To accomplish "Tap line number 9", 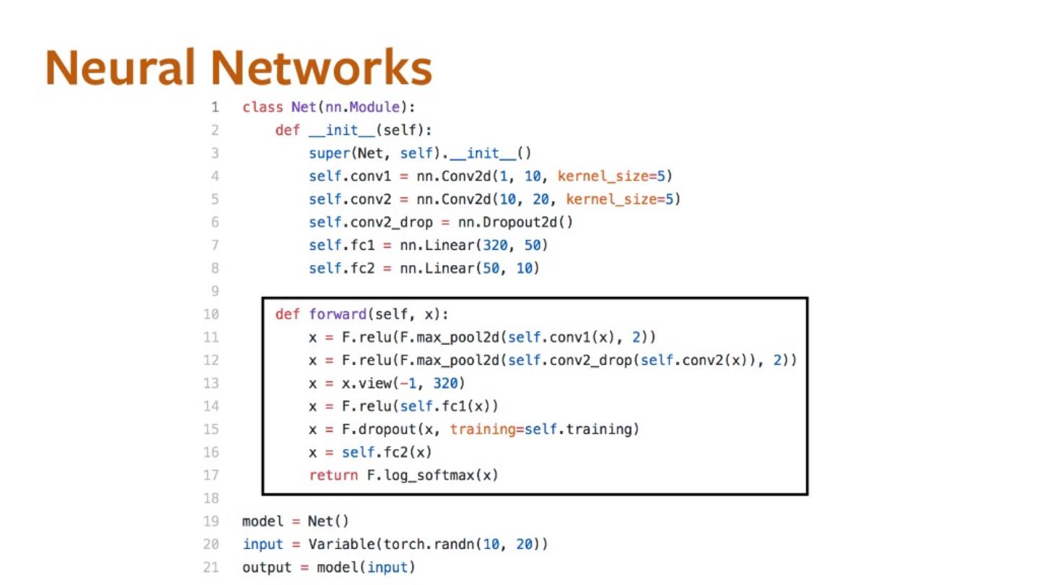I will click(x=214, y=291).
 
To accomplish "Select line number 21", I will click(x=211, y=567).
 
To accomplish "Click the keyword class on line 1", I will click(x=263, y=108).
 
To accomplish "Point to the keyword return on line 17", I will click(x=333, y=474).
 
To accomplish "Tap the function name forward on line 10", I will click(x=338, y=314).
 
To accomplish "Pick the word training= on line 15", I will click(x=487, y=429).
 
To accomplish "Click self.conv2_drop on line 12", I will click(x=558, y=360).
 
